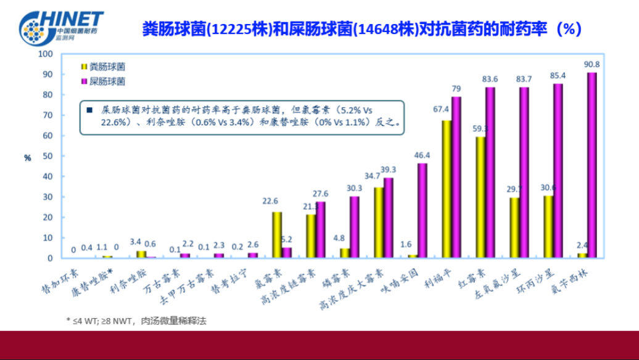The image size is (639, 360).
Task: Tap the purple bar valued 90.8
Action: [592, 165]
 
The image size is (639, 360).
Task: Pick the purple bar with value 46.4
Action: [423, 210]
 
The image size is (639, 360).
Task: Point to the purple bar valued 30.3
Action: [354, 227]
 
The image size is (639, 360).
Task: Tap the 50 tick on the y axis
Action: [47, 156]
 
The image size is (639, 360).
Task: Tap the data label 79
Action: [457, 89]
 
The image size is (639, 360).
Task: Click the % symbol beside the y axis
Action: [27, 158]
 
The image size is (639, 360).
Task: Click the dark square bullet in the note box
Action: [90, 110]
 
